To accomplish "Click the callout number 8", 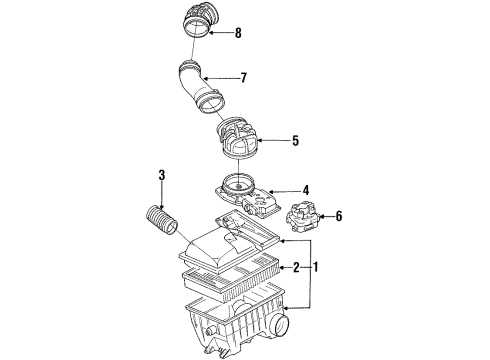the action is click(238, 33).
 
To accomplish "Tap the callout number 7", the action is click(244, 78).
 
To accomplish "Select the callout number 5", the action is click(295, 141).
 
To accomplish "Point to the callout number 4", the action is click(306, 191).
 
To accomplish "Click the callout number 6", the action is click(339, 216).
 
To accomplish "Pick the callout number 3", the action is click(162, 175).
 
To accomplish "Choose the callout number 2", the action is click(296, 267).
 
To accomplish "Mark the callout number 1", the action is click(315, 267).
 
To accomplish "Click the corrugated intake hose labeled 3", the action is click(161, 220).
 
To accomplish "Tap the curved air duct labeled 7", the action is click(200, 89).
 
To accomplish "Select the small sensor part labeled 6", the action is click(303, 217).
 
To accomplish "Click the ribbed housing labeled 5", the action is click(238, 139).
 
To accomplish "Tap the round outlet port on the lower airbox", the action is click(280, 324).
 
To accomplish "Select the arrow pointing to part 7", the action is click(221, 78).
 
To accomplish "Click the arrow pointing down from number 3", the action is click(162, 196).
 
